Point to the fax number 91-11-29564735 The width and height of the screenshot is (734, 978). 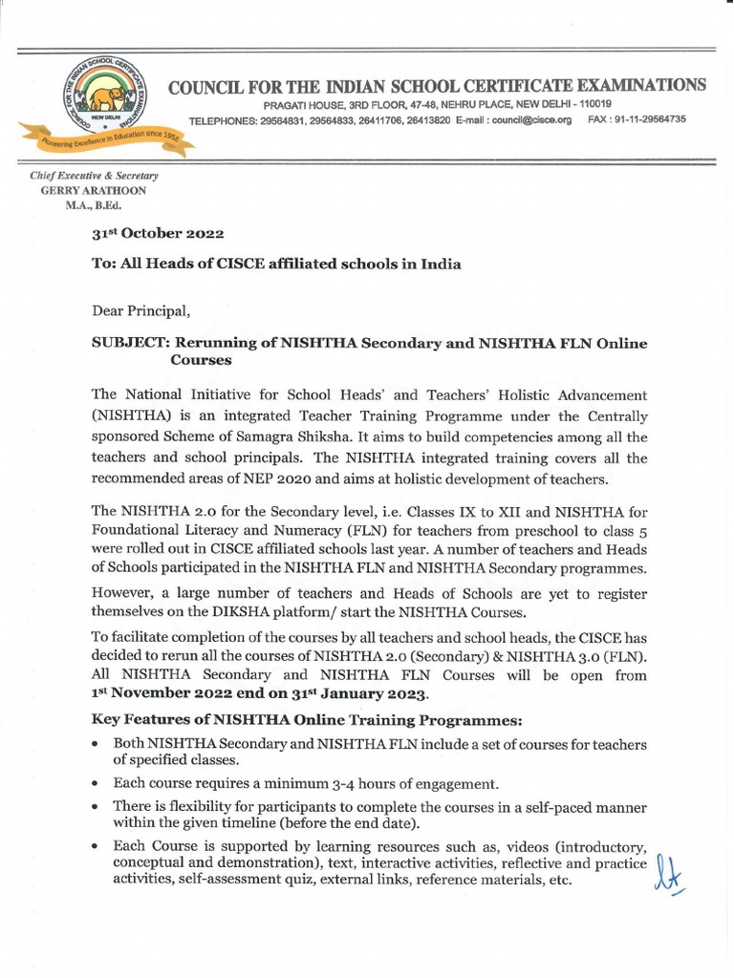pyautogui.click(x=653, y=120)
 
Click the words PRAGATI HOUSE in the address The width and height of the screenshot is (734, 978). pyautogui.click(x=299, y=103)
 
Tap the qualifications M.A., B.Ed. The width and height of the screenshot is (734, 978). pyautogui.click(x=93, y=204)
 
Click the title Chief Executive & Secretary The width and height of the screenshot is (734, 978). pyautogui.click(x=94, y=176)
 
